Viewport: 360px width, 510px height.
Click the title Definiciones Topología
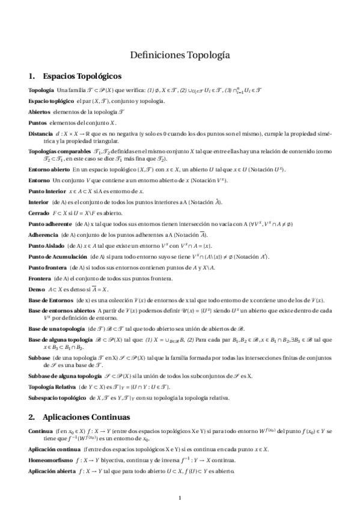pyautogui.click(x=180, y=55)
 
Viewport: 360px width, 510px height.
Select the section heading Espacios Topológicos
pyautogui.click(x=83, y=76)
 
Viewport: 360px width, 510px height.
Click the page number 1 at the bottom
pyautogui.click(x=180, y=498)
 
